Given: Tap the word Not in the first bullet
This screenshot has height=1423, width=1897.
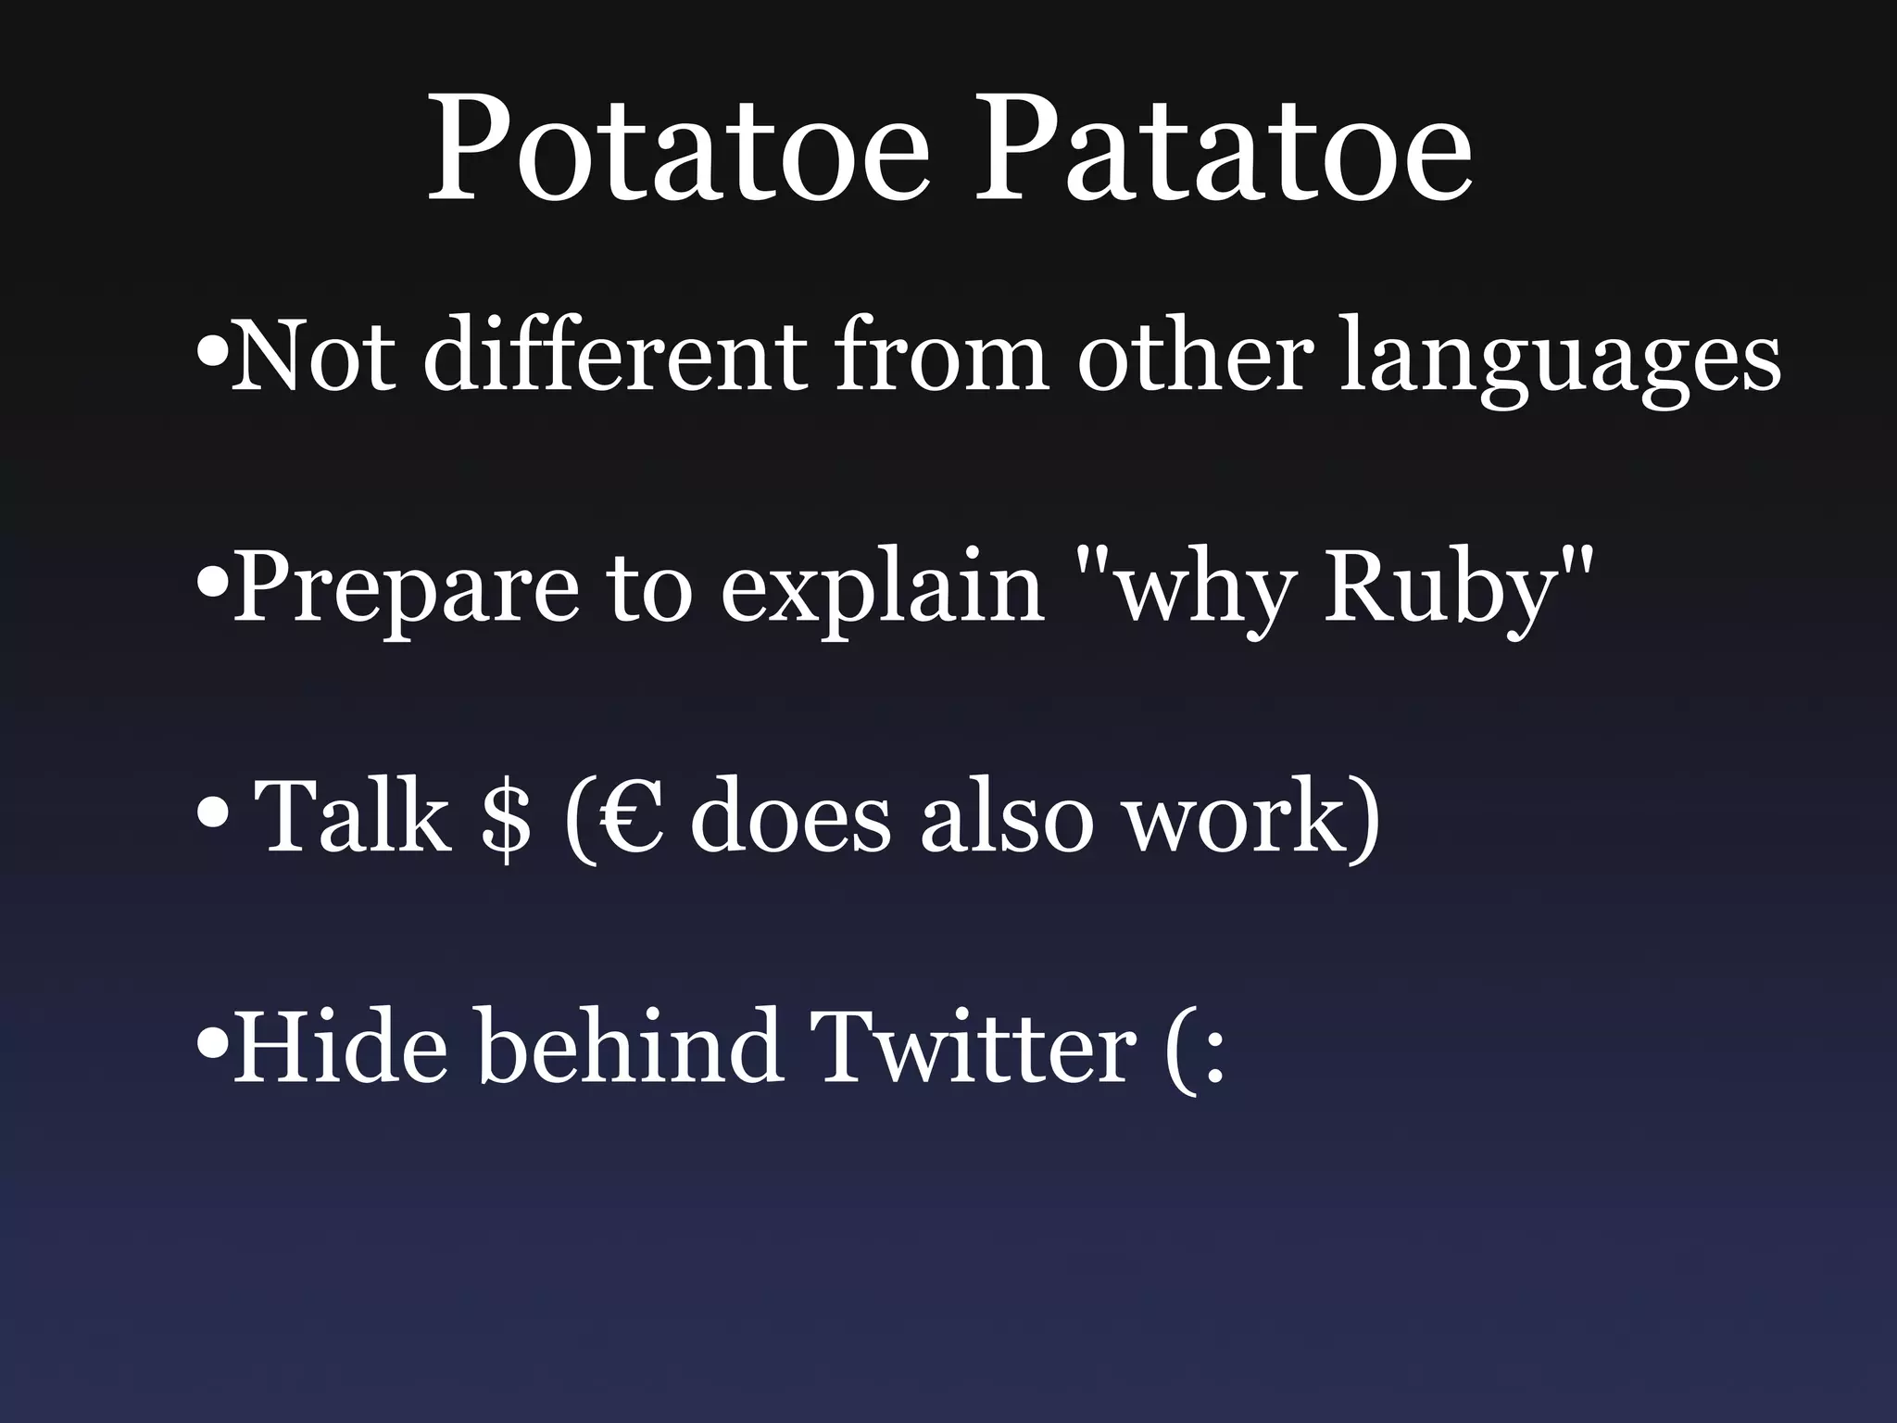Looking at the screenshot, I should (311, 356).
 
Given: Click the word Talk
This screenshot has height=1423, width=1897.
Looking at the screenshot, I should (352, 815).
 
